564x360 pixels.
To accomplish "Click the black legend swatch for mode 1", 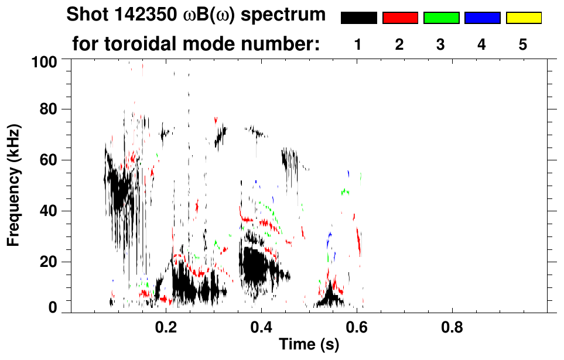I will (x=358, y=18).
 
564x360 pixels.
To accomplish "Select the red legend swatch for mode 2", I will (x=400, y=18).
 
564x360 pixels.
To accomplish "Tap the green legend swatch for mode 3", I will (x=441, y=18).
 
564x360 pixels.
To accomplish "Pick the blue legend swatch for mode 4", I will (x=482, y=18).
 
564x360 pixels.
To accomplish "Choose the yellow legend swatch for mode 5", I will (x=524, y=18).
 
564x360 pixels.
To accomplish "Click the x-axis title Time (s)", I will (x=308, y=345).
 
